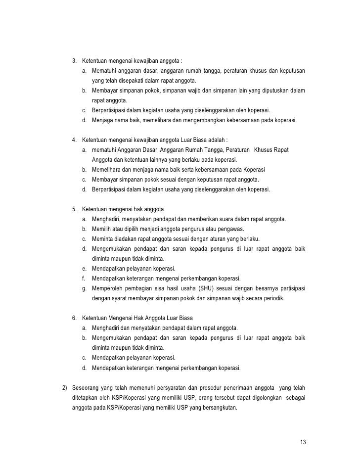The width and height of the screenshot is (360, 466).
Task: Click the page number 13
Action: coord(303,442)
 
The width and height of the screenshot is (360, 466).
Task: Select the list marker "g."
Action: coord(85,288)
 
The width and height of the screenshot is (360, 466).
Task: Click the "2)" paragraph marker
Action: coord(63,387)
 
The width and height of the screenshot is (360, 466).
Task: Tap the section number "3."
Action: coord(75,61)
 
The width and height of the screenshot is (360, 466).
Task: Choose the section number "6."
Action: coord(75,318)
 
